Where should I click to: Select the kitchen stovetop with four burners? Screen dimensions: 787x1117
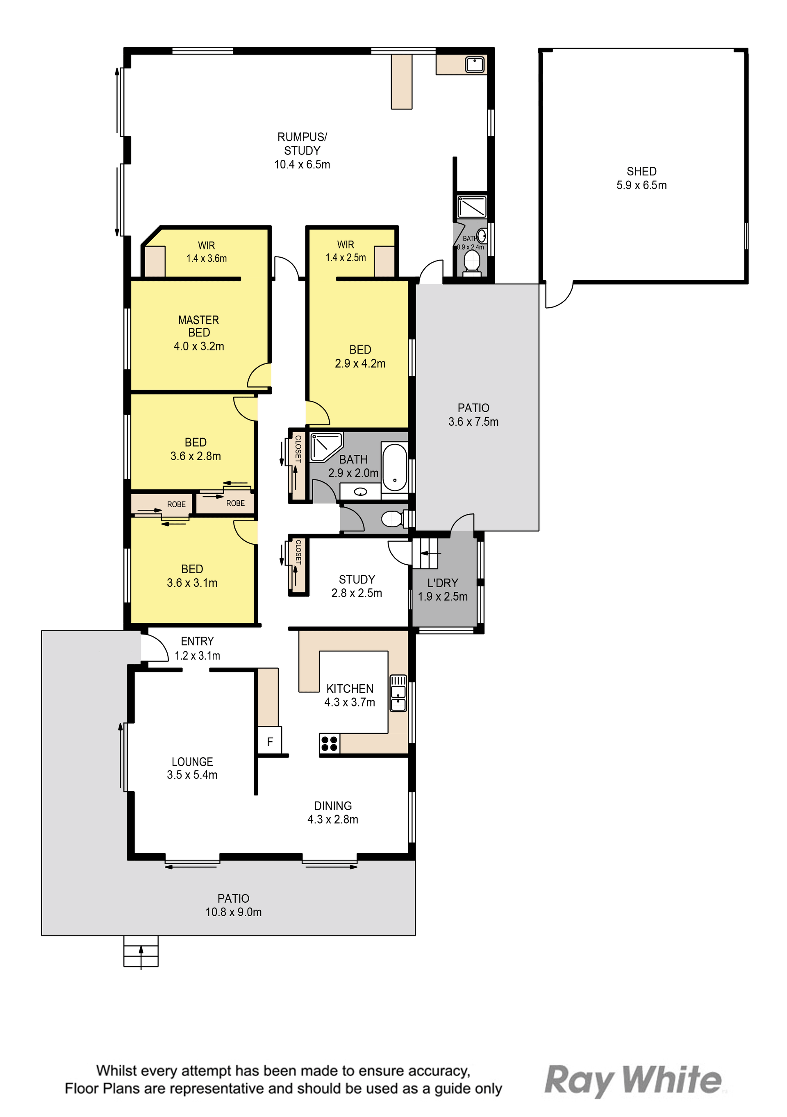pyautogui.click(x=330, y=744)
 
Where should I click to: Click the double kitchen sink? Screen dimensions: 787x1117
pyautogui.click(x=398, y=693)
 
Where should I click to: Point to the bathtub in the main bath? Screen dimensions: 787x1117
pyautogui.click(x=394, y=467)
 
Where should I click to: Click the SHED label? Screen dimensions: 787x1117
pyautogui.click(x=641, y=171)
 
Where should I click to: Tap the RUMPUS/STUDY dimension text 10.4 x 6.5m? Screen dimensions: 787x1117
pyautogui.click(x=302, y=164)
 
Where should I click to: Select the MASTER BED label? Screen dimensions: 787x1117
pyautogui.click(x=198, y=326)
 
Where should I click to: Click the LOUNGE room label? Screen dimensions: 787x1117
pyautogui.click(x=192, y=761)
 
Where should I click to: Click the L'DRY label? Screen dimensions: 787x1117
pyautogui.click(x=442, y=582)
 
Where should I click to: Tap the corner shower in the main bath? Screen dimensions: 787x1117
pyautogui.click(x=325, y=447)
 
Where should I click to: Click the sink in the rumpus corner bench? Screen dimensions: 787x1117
pyautogui.click(x=475, y=64)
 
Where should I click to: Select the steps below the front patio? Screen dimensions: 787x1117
pyautogui.click(x=141, y=951)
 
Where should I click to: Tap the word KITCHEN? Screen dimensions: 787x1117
pyautogui.click(x=350, y=688)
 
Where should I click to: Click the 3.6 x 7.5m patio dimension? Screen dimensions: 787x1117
pyautogui.click(x=473, y=421)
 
